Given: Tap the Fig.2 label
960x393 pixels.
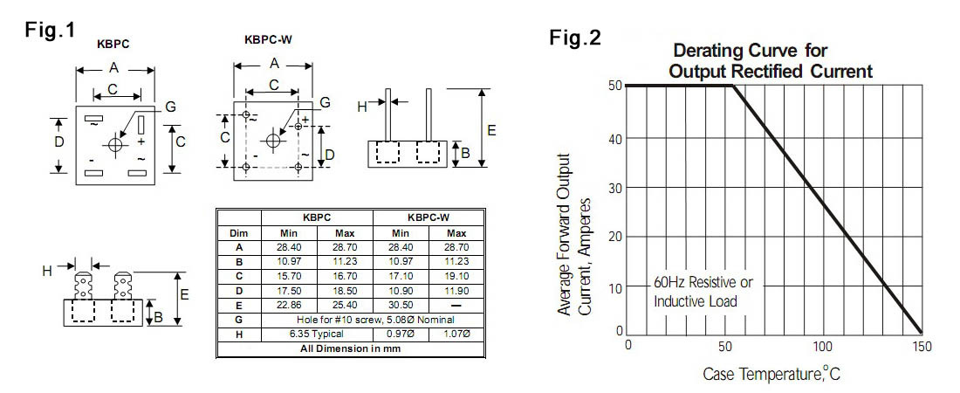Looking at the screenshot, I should click(575, 38).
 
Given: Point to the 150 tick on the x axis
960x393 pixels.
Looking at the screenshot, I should click(921, 346).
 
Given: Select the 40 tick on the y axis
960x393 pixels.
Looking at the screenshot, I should click(617, 138).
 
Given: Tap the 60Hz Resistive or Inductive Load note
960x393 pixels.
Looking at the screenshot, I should click(703, 293).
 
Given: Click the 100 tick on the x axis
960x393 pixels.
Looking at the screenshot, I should click(823, 346).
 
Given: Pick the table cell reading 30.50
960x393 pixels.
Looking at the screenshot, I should click(400, 305).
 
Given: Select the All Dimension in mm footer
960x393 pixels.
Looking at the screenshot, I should click(350, 348).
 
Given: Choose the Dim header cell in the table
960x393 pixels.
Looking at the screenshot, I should click(238, 233).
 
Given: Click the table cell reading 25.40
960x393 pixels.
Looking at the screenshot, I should click(344, 305).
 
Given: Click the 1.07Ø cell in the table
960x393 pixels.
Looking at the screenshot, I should click(456, 334).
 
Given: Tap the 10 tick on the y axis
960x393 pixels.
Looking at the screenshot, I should click(617, 287).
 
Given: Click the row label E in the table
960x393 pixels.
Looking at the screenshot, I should click(238, 305).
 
